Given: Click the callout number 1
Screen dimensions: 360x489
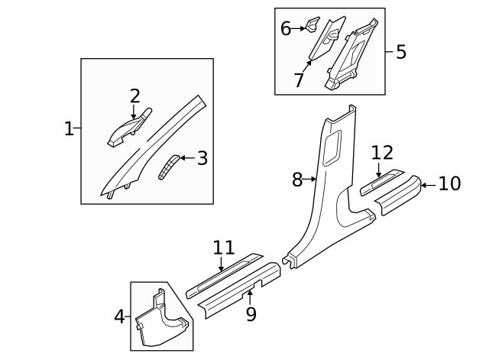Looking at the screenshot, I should coord(69,128).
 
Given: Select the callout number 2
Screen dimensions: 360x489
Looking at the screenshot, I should coord(134,96).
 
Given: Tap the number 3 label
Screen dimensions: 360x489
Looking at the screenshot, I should coord(202,158).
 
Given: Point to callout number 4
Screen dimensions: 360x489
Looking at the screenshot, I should coord(119,316).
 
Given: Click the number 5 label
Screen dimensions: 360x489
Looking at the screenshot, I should coord(400,52).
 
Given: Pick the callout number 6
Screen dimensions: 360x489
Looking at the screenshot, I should coord(286,29).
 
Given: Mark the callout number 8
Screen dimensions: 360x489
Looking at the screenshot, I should coord(298,180).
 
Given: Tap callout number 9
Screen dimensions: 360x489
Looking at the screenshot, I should coord(251,313).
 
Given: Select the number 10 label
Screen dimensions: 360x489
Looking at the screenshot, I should coord(450,183).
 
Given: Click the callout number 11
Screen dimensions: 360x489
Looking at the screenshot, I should coord(223,248).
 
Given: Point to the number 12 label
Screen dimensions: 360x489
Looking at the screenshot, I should coord(381,152).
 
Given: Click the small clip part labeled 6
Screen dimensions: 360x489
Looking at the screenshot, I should coord(313,23).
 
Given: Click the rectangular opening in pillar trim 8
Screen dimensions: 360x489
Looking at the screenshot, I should coord(333,148).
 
